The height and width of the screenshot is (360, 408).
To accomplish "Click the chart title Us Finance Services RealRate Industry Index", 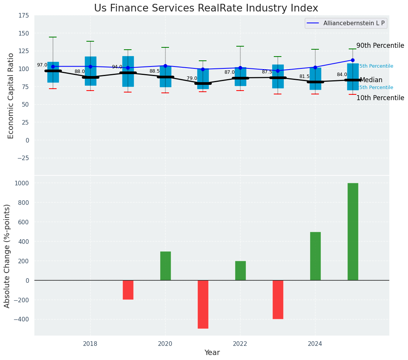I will [206, 8].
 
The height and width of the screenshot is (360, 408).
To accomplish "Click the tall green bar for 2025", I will [353, 232].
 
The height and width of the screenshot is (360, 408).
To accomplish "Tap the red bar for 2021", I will [203, 304].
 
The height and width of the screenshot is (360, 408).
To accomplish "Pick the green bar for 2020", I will [165, 266].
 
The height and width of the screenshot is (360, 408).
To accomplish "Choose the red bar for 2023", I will [278, 299].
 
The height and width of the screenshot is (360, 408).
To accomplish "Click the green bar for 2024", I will [315, 256].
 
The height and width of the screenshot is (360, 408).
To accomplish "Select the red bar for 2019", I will [128, 290].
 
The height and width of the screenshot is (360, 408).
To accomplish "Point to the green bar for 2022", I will [240, 271].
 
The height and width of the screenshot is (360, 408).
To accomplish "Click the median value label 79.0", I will [192, 78].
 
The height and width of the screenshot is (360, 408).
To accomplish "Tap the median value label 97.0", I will [42, 65].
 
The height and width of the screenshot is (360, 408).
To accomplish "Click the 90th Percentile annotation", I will [380, 45].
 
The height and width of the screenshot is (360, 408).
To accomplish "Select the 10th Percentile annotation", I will [380, 98].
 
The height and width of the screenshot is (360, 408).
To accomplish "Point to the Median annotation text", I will [371, 80].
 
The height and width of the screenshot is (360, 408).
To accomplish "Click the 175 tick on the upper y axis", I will [24, 15].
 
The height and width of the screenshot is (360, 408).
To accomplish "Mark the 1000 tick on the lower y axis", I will [21, 183].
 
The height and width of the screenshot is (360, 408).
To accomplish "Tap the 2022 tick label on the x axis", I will [240, 344].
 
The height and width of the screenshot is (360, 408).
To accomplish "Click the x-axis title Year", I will [212, 353].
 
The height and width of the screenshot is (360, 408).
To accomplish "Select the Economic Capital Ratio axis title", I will [11, 96].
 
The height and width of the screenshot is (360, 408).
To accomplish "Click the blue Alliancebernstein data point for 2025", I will [353, 60].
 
